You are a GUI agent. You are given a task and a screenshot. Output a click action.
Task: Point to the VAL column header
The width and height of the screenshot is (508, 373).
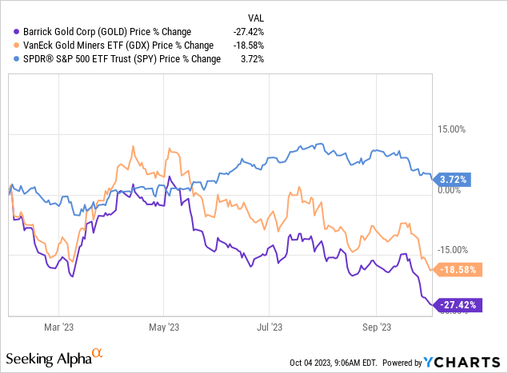pyautogui.click(x=254, y=16)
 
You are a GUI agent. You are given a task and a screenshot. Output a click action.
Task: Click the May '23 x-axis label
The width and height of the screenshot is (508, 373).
pyautogui.click(x=162, y=327)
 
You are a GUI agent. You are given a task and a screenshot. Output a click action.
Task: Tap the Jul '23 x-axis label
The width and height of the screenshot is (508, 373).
pyautogui.click(x=269, y=327)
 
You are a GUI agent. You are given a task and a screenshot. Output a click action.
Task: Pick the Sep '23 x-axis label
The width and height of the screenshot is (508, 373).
pyautogui.click(x=376, y=327)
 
